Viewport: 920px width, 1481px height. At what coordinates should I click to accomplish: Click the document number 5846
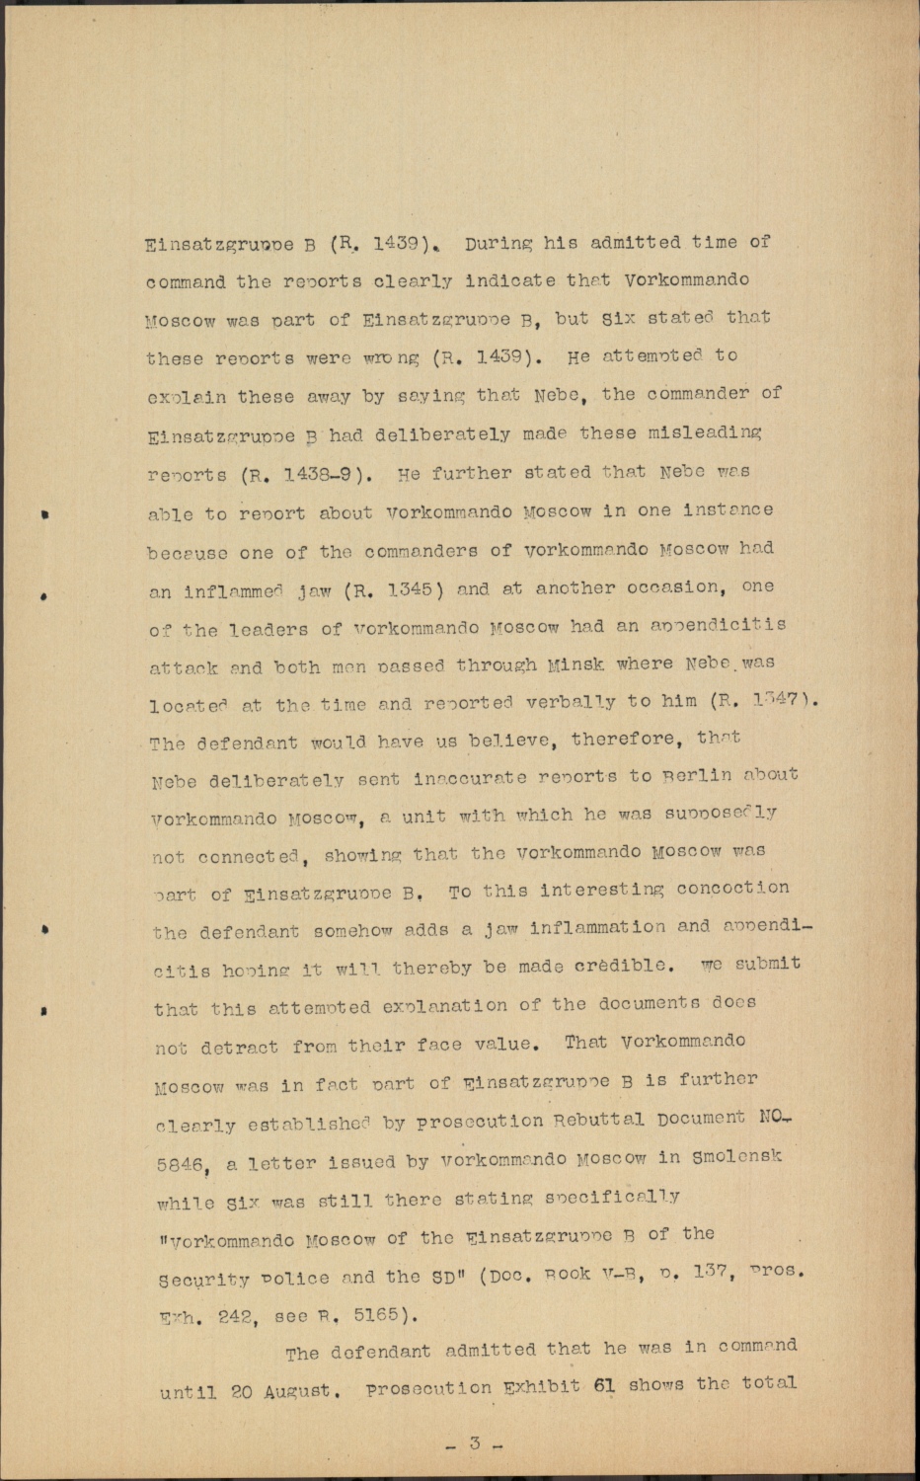coord(182,1166)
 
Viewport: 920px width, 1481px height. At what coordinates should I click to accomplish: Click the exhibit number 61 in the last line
coord(604,1385)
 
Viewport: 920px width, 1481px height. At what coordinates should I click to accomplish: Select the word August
coord(299,1392)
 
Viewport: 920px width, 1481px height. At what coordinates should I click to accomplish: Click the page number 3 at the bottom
coord(474,1443)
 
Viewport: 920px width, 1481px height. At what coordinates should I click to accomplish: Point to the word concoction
coord(732,889)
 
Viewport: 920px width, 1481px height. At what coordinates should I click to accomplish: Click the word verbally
coord(587,701)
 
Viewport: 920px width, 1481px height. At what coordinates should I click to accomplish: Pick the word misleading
coord(712,433)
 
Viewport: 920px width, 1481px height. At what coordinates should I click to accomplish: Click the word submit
coord(765,963)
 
